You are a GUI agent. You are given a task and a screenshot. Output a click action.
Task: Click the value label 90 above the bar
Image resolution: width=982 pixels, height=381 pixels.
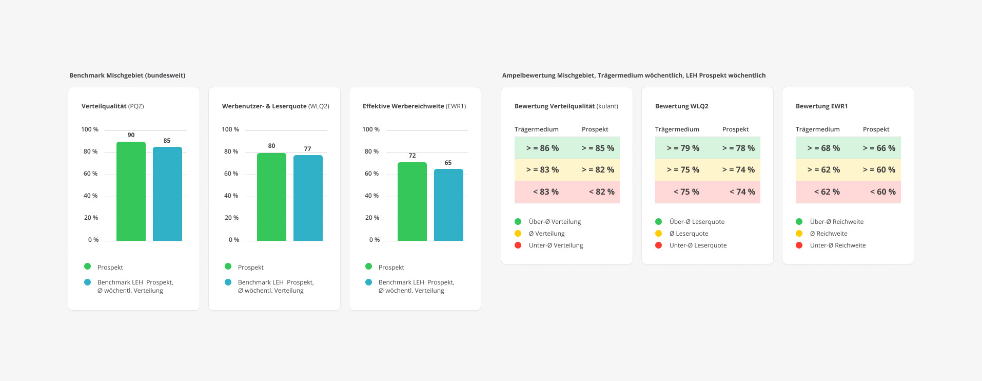pyautogui.click(x=131, y=135)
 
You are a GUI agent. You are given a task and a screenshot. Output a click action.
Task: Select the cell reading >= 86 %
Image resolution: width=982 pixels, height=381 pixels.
pyautogui.click(x=542, y=148)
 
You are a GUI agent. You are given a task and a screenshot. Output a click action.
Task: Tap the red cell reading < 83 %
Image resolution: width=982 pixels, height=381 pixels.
pyautogui.click(x=545, y=192)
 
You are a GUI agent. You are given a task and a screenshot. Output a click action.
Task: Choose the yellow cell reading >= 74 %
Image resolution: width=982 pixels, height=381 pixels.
pyautogui.click(x=738, y=170)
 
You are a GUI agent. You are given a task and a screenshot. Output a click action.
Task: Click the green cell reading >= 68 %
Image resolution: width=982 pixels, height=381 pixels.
pyautogui.click(x=823, y=148)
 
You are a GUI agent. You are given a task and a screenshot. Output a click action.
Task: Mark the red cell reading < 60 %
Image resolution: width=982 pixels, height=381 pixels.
pyautogui.click(x=882, y=192)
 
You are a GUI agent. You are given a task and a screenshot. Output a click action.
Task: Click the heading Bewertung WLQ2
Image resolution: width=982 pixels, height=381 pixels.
pyautogui.click(x=681, y=106)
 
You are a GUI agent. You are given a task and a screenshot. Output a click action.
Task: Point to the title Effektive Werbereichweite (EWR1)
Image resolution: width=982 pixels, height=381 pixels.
pyautogui.click(x=414, y=106)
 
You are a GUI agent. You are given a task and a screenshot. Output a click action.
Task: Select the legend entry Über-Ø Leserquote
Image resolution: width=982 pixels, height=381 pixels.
pyautogui.click(x=697, y=222)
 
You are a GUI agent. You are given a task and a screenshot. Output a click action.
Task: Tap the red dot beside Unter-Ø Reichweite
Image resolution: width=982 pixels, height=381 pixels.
pyautogui.click(x=799, y=245)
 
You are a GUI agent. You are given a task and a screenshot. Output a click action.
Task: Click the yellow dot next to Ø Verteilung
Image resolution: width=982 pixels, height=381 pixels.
pyautogui.click(x=518, y=234)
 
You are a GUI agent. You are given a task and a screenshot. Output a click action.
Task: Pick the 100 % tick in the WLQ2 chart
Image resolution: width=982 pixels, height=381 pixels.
pyautogui.click(x=230, y=129)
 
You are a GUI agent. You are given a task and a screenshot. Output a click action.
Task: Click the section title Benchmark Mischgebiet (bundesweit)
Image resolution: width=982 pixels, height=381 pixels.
pyautogui.click(x=127, y=75)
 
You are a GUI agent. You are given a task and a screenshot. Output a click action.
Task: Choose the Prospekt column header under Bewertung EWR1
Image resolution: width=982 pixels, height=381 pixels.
pyautogui.click(x=876, y=129)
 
